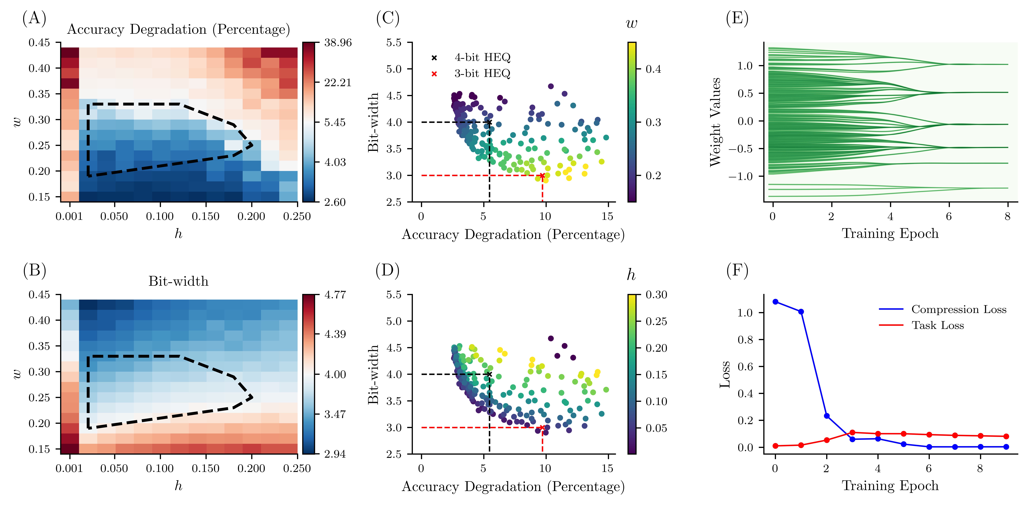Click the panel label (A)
click(34, 18)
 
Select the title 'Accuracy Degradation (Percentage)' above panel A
click(178, 30)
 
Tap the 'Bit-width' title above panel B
click(178, 281)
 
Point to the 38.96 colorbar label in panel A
click(338, 43)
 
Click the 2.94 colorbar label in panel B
click(335, 454)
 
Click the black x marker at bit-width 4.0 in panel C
click(489, 122)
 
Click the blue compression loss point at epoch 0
click(775, 302)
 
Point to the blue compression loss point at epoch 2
click(826, 416)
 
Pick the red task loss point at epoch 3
click(852, 432)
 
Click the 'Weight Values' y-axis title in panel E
click(716, 122)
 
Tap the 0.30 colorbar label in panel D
click(656, 295)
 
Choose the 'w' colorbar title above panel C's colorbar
click(631, 24)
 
